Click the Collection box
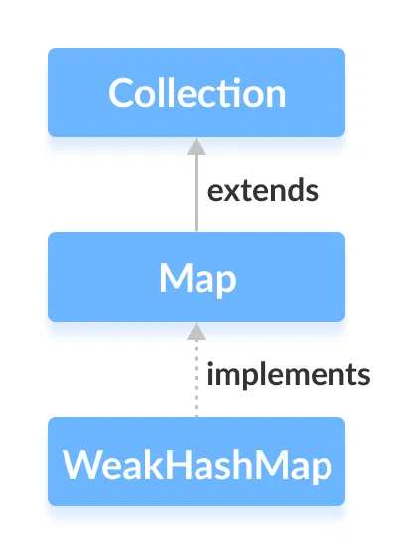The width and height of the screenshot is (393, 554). click(196, 92)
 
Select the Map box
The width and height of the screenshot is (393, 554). click(196, 277)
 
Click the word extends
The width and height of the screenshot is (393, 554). click(262, 190)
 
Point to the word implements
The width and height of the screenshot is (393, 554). click(288, 375)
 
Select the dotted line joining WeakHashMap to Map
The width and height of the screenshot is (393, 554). click(196, 382)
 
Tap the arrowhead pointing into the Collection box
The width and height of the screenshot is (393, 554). click(196, 145)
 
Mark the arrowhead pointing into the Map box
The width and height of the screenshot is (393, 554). click(196, 330)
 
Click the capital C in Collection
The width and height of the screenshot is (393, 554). click(122, 93)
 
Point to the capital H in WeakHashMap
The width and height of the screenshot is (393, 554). click(182, 463)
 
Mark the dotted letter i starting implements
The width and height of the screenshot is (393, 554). click(210, 374)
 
